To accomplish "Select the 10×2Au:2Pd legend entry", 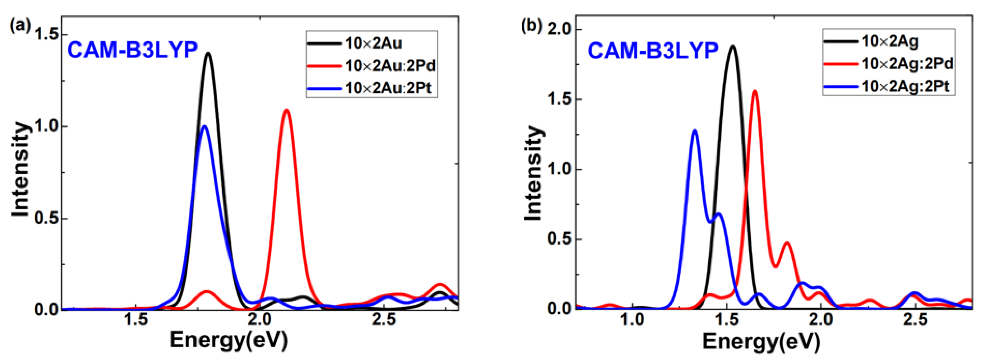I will click(x=390, y=66).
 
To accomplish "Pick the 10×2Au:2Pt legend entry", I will click(x=388, y=88).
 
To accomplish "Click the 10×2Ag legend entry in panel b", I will click(x=890, y=41).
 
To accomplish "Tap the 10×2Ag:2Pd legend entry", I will click(x=907, y=64).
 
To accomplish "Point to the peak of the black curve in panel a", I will click(x=208, y=53).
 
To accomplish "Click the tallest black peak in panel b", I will click(x=733, y=46).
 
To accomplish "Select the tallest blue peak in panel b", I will click(x=694, y=131).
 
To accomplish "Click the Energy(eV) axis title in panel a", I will click(x=228, y=341).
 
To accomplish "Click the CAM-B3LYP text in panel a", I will click(x=133, y=50).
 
